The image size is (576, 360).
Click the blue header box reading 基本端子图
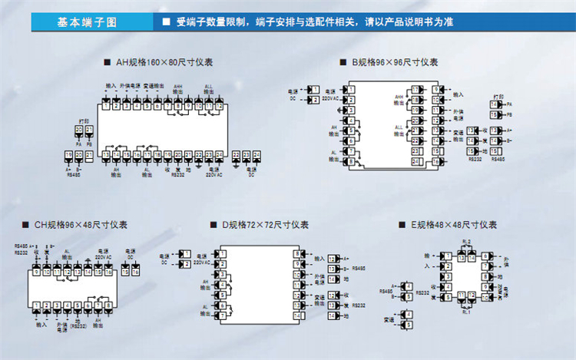click(x=87, y=21)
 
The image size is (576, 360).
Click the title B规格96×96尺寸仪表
click(x=395, y=62)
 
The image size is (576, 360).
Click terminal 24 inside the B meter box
click(x=415, y=161)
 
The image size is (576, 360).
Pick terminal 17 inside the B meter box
click(x=415, y=91)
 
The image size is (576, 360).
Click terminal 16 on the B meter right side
click(x=435, y=161)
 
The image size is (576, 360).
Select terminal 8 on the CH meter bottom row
click(x=108, y=306)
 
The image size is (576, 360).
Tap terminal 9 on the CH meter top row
click(x=35, y=272)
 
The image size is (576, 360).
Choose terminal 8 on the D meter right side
click(x=296, y=254)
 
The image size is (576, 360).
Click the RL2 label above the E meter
click(x=466, y=242)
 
